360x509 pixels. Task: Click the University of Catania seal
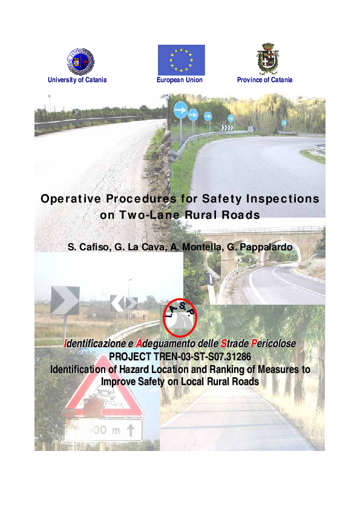(x=80, y=60)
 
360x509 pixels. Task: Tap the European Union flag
(x=181, y=60)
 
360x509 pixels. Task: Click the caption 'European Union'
(x=180, y=80)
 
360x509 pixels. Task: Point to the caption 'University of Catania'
(x=74, y=80)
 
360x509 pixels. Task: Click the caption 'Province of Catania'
(x=265, y=80)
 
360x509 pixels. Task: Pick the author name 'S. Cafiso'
(x=90, y=247)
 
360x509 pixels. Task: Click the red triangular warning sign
(x=104, y=397)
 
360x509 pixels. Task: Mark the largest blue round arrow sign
(x=180, y=109)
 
